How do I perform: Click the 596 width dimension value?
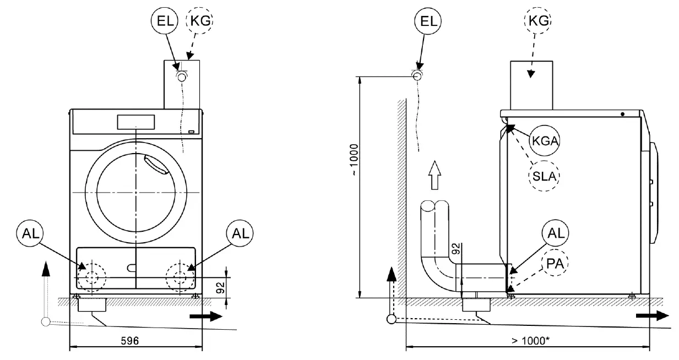(x=129, y=341)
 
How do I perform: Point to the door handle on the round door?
(x=156, y=165)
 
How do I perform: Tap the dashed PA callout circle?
(x=554, y=264)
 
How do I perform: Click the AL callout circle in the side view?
(x=554, y=233)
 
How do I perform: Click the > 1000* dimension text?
(x=529, y=341)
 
